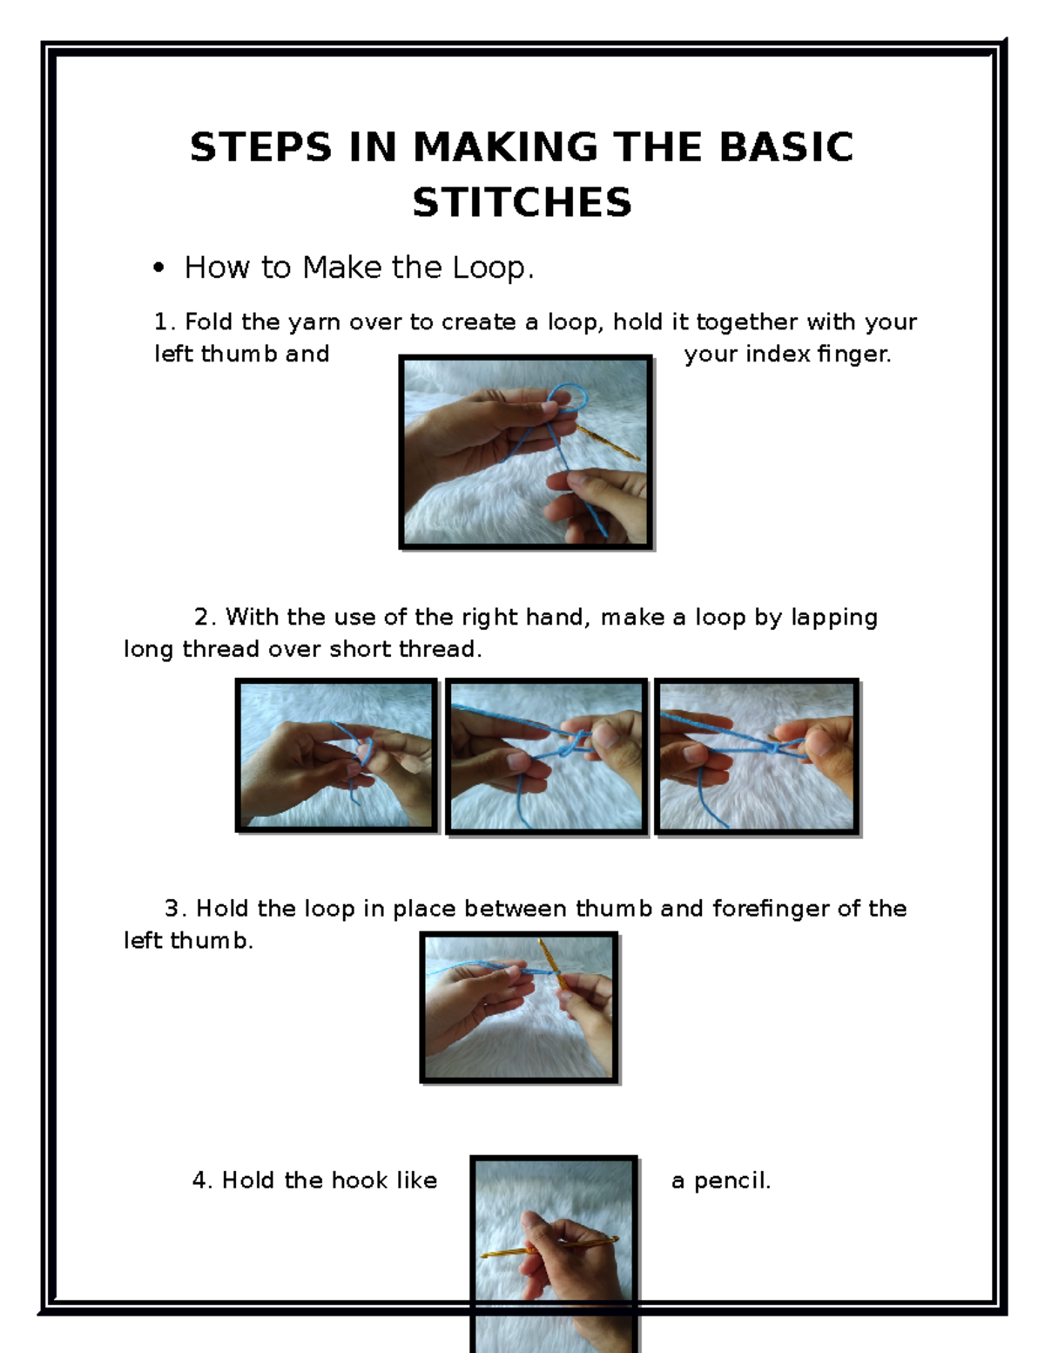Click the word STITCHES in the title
(x=522, y=203)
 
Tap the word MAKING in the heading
(x=505, y=147)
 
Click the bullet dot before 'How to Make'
(x=158, y=268)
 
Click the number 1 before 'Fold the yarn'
(x=160, y=322)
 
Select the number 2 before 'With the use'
(x=202, y=618)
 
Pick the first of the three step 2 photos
(x=336, y=755)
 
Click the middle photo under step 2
(x=546, y=755)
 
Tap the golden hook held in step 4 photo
(x=540, y=1248)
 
